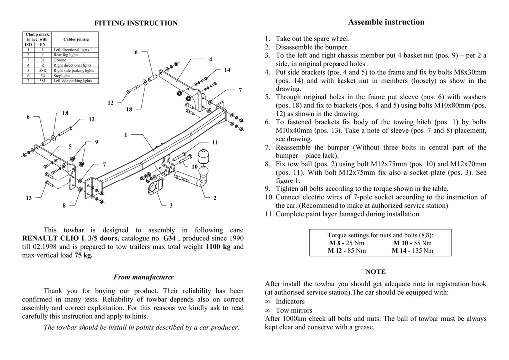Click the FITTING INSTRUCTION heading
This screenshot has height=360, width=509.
click(x=136, y=23)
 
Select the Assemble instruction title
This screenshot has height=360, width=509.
click(x=386, y=22)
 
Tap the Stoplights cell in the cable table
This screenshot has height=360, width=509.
click(x=62, y=76)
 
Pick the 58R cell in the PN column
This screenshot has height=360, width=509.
click(x=43, y=71)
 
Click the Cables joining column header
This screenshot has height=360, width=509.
click(x=76, y=39)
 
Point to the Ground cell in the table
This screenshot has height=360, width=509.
click(x=60, y=60)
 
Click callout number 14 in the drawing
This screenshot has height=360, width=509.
click(x=227, y=70)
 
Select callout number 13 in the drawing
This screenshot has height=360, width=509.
click(x=29, y=198)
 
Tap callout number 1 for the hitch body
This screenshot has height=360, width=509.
click(x=126, y=135)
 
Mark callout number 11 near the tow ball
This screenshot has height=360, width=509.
click(x=215, y=142)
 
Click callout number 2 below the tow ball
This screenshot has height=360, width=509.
click(x=215, y=198)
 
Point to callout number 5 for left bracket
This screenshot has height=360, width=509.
click(x=70, y=146)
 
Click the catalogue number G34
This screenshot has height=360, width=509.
click(x=170, y=239)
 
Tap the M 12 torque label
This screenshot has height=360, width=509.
click(x=337, y=251)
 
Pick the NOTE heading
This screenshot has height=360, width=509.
click(x=375, y=272)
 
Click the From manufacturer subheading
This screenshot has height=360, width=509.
click(x=144, y=277)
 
